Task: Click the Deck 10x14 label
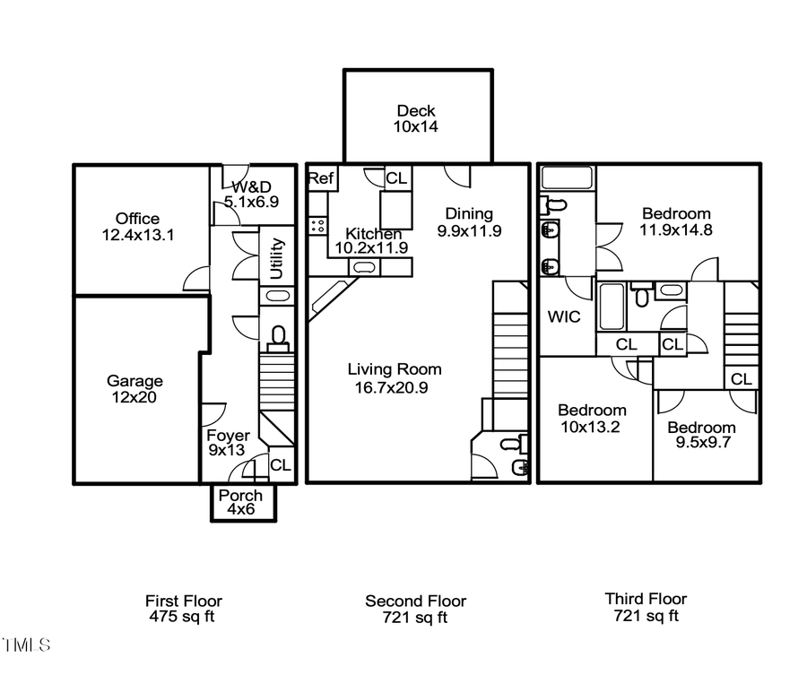coord(416,118)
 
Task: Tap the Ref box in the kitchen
coord(321,178)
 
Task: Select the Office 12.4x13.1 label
coord(137,226)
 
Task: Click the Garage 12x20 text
coord(134,388)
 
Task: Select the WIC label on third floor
coord(564,316)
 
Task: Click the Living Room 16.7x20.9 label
coord(395,377)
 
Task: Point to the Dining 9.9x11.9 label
coord(469,221)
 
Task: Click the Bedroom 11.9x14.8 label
coord(676,221)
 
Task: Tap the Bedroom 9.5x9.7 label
coord(701,436)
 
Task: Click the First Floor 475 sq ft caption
coord(183,608)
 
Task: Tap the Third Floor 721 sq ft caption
coord(646,607)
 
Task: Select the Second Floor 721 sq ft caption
coord(415,609)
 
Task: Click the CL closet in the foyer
coord(281,465)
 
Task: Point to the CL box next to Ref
coord(395,178)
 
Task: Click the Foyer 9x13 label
coord(228,443)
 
